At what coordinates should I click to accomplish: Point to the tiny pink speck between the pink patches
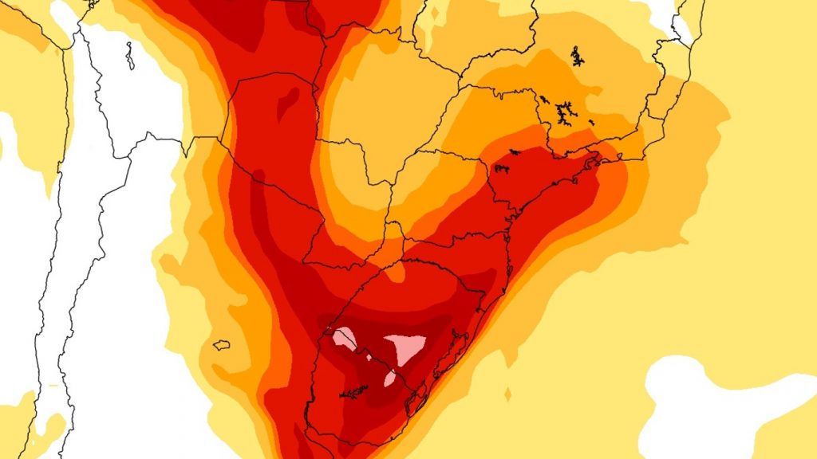[368, 358]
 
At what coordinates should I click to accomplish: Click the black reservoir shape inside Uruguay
[354, 393]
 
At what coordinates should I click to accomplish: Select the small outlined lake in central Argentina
[222, 345]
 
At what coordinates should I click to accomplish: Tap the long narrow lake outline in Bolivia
[130, 55]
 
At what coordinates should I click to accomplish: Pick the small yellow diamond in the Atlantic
[508, 394]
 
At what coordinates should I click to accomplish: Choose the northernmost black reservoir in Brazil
[577, 57]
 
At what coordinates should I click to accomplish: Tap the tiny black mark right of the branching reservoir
[591, 122]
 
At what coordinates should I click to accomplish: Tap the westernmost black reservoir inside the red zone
[502, 167]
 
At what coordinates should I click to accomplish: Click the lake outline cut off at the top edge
[93, 3]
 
